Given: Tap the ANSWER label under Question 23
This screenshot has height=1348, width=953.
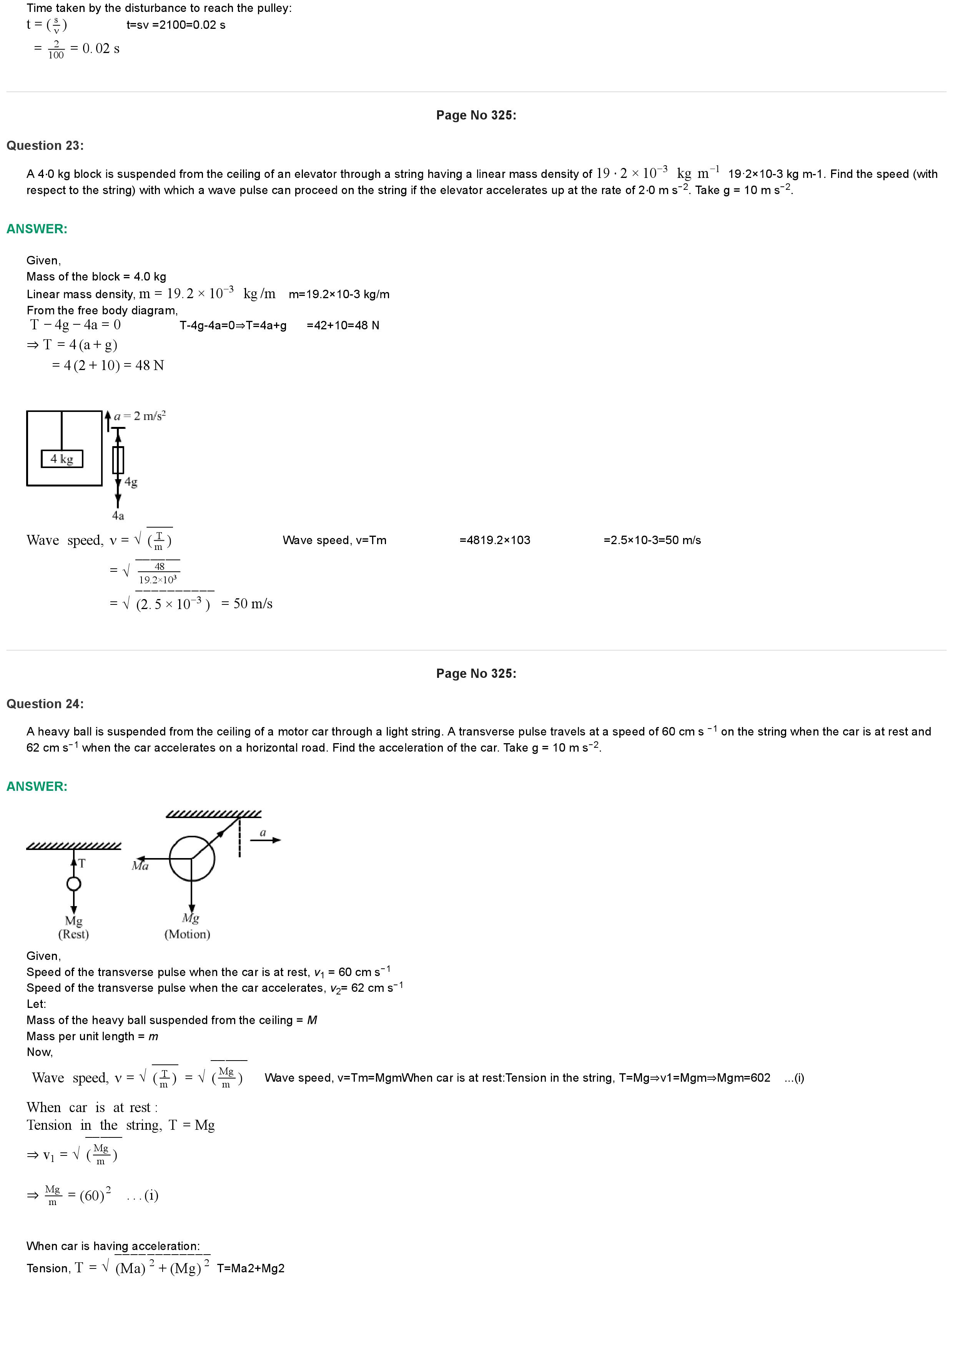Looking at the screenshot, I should [x=37, y=229].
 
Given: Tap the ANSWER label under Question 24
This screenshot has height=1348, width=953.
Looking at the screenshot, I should [x=37, y=787].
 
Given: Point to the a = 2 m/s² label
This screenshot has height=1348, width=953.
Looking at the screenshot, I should [x=140, y=416].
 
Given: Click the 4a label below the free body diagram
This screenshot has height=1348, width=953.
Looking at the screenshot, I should [x=118, y=515].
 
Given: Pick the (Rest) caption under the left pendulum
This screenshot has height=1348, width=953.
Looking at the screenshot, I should [x=73, y=934].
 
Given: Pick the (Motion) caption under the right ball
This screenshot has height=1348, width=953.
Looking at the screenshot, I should [x=187, y=934].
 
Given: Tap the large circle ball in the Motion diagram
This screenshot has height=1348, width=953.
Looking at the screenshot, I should [x=192, y=859].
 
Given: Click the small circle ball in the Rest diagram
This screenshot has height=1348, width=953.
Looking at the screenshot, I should [x=73, y=883].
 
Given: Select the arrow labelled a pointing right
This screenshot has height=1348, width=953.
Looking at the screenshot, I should [x=265, y=840].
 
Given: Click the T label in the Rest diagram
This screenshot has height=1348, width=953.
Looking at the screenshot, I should [x=82, y=863].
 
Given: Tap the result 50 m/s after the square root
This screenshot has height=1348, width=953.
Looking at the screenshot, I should [x=253, y=604].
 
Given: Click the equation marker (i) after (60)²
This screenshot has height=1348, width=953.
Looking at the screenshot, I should [x=151, y=1196].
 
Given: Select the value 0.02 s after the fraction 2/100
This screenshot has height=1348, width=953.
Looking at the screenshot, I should [x=101, y=49].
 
